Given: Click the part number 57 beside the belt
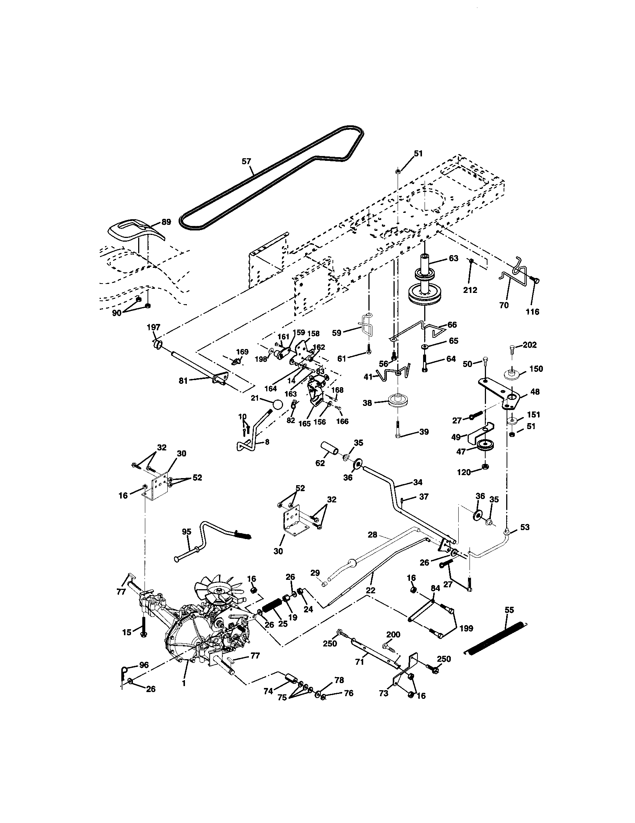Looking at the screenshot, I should coord(246,162).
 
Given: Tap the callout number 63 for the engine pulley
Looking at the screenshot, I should coord(453,258).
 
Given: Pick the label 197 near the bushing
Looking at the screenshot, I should coord(154,327).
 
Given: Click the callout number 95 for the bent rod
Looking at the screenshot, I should coord(187,532).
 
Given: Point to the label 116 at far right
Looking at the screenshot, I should coord(532,312).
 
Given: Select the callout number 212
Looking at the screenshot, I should coord(470,290).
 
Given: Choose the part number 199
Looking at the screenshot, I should coord(466,628).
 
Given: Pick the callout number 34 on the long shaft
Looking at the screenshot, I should coord(417,482).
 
